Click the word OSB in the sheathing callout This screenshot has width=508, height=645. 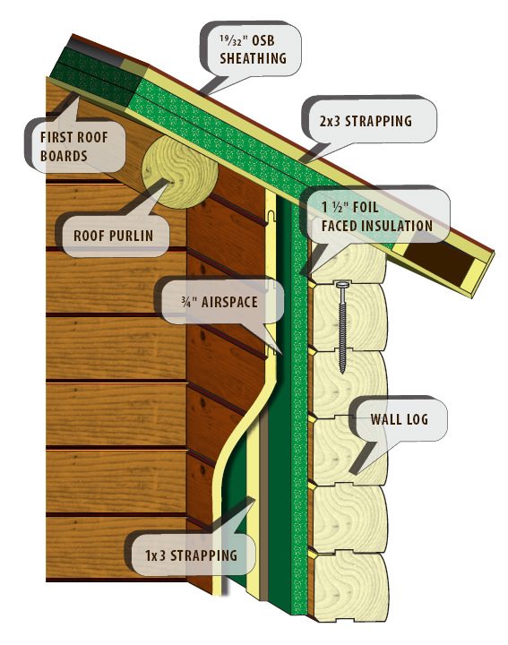click(263, 40)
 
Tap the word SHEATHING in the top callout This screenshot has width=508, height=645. click(253, 58)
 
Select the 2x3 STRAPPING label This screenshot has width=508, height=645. click(366, 121)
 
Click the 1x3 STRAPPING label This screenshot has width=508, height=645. click(191, 555)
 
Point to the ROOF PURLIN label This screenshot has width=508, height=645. click(114, 236)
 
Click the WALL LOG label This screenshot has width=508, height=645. click(399, 419)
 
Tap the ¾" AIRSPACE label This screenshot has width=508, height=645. click(220, 302)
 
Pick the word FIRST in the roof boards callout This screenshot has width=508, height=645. click(56, 137)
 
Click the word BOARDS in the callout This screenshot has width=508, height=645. click(64, 156)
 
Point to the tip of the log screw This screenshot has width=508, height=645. click(342, 373)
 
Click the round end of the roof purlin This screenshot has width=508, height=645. click(179, 172)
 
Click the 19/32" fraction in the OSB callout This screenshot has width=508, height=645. click(232, 40)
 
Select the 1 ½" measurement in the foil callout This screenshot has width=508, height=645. click(333, 207)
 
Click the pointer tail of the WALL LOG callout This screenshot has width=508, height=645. click(362, 458)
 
